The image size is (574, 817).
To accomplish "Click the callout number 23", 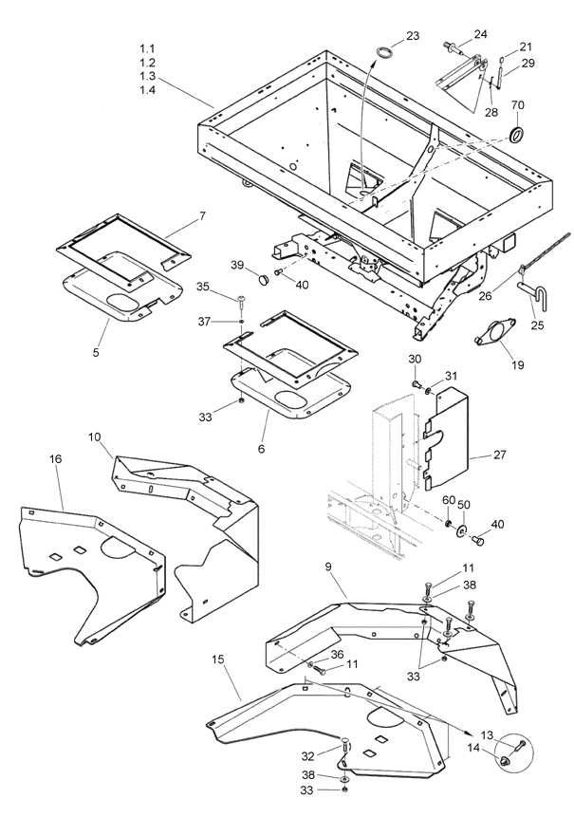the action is (413, 35).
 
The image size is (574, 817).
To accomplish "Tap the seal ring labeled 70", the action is (517, 133).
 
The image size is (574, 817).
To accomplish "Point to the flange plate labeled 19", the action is (492, 332).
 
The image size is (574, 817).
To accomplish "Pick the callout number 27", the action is (499, 455).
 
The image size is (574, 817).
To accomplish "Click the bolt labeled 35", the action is (242, 299).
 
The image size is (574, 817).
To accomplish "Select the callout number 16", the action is (56, 459).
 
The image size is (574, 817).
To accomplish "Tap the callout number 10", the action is (95, 436).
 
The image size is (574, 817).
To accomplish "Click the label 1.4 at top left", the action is (147, 89).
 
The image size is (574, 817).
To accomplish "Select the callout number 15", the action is (217, 659).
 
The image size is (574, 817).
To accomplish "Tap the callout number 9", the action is (328, 566).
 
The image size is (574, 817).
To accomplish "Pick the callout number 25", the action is (537, 325).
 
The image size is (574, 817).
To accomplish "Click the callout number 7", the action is (202, 215).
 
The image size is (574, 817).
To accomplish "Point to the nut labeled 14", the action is (504, 761).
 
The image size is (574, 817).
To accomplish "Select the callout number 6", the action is (262, 448).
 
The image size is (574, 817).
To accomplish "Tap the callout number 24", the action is (480, 34).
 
